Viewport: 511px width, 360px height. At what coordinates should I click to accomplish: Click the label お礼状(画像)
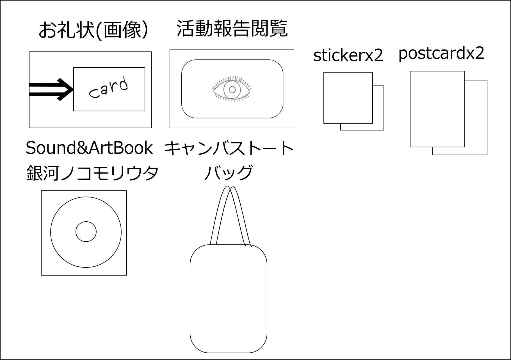coord(93,30)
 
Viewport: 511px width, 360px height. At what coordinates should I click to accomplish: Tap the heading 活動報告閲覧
coord(232,29)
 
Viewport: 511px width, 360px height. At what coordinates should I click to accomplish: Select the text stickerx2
coord(348,56)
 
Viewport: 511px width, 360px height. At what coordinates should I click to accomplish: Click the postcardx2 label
coord(441,53)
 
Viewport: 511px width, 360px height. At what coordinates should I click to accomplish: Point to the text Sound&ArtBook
coord(89,148)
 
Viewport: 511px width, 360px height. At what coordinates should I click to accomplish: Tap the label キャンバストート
coord(229,148)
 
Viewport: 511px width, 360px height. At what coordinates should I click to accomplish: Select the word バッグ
coord(228,173)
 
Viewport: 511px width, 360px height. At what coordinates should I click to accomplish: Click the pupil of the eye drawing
coord(232,90)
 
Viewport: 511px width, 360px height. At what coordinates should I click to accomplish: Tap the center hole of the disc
coord(86,232)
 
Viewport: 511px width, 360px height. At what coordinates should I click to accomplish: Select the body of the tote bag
coord(228,298)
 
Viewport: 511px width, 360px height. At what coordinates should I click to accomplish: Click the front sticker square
coord(348,98)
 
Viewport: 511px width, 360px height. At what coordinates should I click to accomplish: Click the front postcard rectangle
coord(437,109)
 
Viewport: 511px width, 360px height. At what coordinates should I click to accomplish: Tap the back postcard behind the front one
coord(476,118)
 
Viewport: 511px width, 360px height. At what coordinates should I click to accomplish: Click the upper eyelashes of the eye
coord(232,78)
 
